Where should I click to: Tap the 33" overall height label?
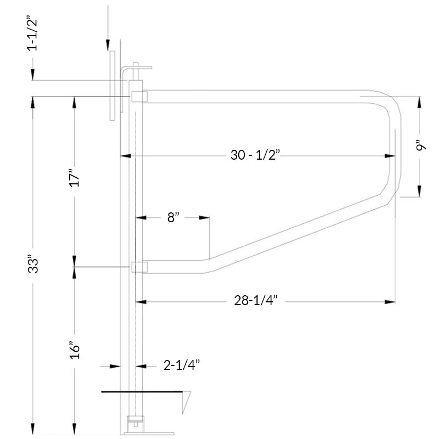35,264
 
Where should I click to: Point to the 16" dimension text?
76,348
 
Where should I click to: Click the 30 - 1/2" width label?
255,156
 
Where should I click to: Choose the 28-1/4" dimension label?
255,301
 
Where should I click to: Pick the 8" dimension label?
173,217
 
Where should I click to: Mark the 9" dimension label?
421,146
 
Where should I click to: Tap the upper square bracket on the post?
139,97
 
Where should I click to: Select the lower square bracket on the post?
139,267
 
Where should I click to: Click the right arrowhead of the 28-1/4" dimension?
391,301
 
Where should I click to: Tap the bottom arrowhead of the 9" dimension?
421,192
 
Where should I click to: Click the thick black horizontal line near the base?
143,392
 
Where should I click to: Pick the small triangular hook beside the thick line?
186,399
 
